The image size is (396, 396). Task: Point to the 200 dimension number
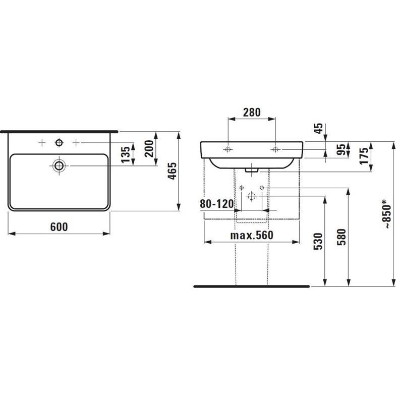click(149, 148)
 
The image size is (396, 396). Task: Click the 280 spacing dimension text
click(252, 112)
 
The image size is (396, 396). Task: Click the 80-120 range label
click(216, 204)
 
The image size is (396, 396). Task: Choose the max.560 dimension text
click(251, 236)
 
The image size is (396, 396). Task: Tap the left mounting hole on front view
click(228, 149)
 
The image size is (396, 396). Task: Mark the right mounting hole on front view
click(275, 149)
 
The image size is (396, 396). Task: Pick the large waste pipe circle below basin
click(251, 196)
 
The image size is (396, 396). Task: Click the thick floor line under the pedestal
click(251, 286)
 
